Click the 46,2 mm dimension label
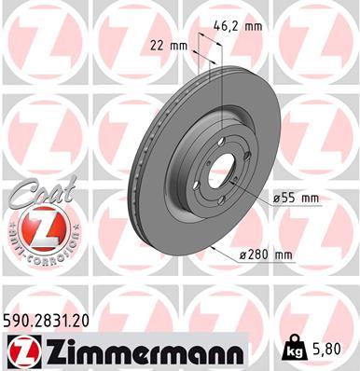click(230, 28)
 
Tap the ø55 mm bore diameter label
click(297, 198)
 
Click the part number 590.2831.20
click(49, 319)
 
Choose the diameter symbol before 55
click(278, 198)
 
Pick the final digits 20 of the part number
click(87, 319)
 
